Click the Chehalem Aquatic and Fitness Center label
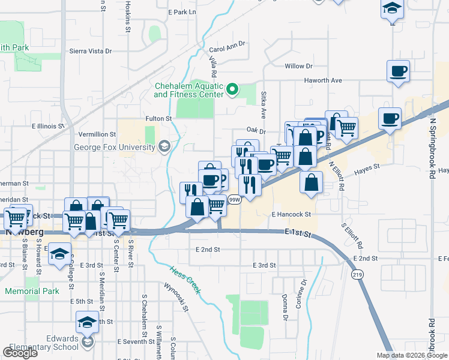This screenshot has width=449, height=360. pyautogui.click(x=188, y=90)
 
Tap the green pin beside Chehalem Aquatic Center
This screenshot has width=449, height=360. pyautogui.click(x=234, y=91)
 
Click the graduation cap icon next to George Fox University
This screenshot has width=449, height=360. pyautogui.click(x=164, y=146)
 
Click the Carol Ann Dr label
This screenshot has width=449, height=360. pyautogui.click(x=228, y=47)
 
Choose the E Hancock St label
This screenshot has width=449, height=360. pyautogui.click(x=291, y=214)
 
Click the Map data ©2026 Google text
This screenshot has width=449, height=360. pyautogui.click(x=411, y=355)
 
